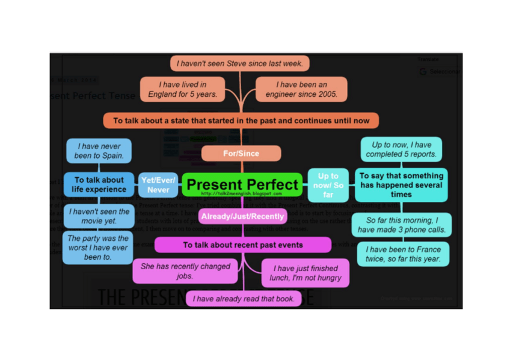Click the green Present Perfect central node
click(242, 185)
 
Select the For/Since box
click(241, 153)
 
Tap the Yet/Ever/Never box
click(158, 185)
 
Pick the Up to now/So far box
click(328, 185)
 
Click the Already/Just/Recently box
click(242, 216)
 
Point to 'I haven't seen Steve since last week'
click(241, 63)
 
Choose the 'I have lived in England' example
click(182, 90)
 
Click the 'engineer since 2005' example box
click(301, 90)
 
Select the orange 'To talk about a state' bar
click(241, 120)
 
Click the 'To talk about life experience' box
click(99, 185)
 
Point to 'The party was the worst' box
click(97, 248)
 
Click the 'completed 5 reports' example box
click(401, 150)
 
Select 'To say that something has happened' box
click(401, 185)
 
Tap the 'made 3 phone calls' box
click(401, 225)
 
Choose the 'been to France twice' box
click(403, 254)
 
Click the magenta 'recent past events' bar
click(242, 245)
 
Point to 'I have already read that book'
click(243, 299)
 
